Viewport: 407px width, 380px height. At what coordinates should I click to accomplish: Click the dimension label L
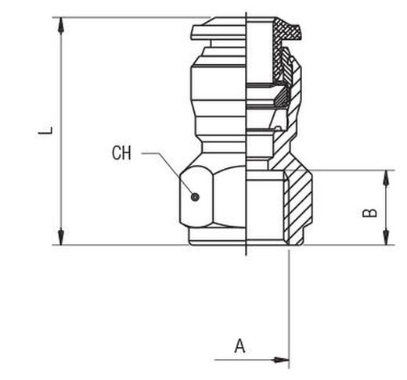pos(45,131)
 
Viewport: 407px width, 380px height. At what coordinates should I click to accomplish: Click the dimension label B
pos(369,213)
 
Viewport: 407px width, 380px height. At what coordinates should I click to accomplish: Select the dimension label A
pos(240,346)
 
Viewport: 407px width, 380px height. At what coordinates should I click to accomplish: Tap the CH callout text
pos(121,153)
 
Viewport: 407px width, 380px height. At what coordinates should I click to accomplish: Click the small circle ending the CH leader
pos(195,197)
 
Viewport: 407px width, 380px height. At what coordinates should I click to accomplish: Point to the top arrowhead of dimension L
pos(61,26)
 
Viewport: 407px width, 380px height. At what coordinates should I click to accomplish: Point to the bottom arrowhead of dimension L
pos(61,237)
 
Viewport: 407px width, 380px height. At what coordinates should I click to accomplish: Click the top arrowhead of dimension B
pos(386,178)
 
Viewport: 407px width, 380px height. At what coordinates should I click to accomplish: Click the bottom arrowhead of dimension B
pos(386,237)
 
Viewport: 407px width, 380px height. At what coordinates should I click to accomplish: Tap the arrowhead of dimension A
pos(280,360)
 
